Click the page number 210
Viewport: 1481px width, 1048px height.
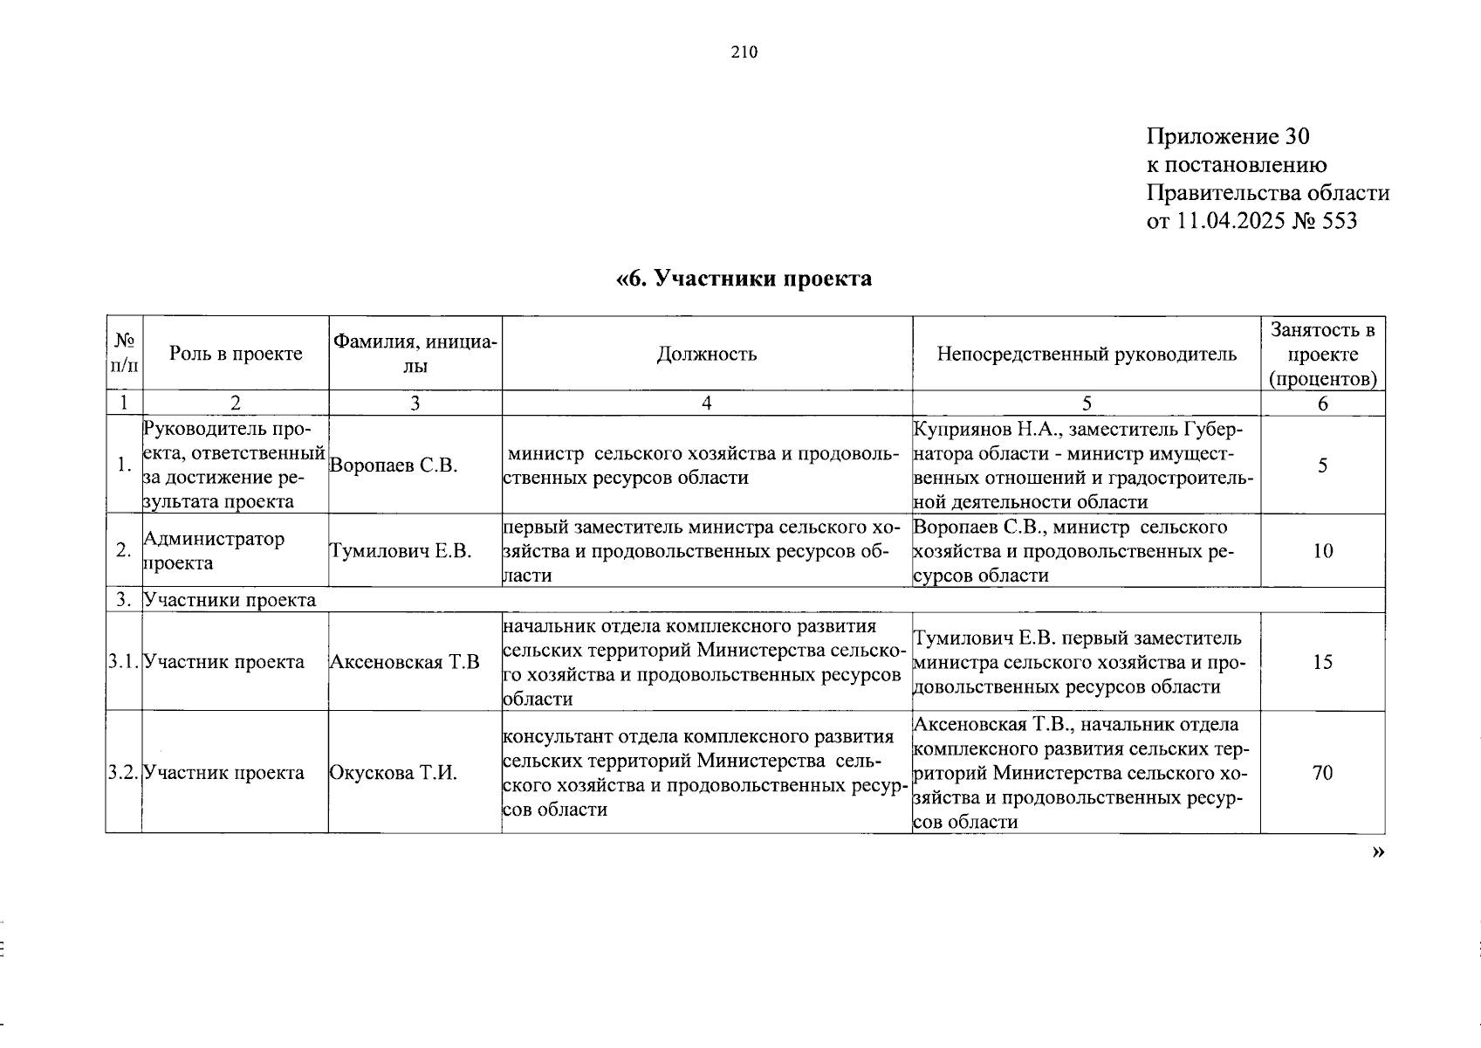pyautogui.click(x=744, y=52)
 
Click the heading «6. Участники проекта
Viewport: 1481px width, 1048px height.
pyautogui.click(x=744, y=279)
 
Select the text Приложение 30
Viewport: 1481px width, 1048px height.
pyautogui.click(x=1228, y=137)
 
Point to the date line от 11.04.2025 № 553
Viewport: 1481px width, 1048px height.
pyautogui.click(x=1251, y=221)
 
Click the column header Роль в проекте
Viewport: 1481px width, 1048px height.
pyautogui.click(x=236, y=354)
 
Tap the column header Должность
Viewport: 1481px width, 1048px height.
pyautogui.click(x=707, y=354)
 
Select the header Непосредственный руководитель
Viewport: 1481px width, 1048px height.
pyautogui.click(x=1087, y=354)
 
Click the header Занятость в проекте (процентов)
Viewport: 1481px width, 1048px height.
pyautogui.click(x=1322, y=354)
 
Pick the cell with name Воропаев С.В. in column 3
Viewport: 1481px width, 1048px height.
pyautogui.click(x=394, y=465)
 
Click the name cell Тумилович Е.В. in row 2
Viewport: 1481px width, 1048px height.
pyautogui.click(x=401, y=551)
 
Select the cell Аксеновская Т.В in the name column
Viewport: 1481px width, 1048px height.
pyautogui.click(x=404, y=662)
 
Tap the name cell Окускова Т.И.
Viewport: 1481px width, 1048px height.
pyautogui.click(x=393, y=773)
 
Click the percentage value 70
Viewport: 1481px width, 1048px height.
pyautogui.click(x=1322, y=773)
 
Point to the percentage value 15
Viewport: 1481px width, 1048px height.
pyautogui.click(x=1322, y=662)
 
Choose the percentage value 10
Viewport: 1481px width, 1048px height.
pyautogui.click(x=1322, y=551)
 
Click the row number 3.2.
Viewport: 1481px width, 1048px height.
pyautogui.click(x=123, y=773)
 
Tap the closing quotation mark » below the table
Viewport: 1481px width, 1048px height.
pyautogui.click(x=1377, y=852)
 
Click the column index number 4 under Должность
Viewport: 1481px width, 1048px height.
pyautogui.click(x=706, y=403)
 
